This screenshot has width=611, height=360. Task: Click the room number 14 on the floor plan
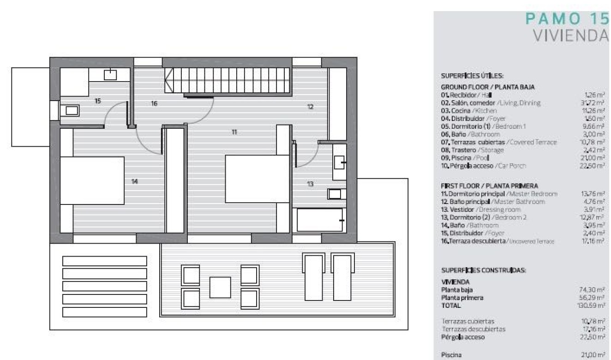[x=134, y=182]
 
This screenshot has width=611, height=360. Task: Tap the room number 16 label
[x=154, y=104]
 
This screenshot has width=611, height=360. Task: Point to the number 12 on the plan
[x=310, y=107]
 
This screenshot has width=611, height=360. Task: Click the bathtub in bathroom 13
[x=320, y=220]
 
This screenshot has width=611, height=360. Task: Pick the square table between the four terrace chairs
[x=220, y=287]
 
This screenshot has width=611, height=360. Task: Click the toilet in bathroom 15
[x=72, y=110]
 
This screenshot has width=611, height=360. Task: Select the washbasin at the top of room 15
[x=110, y=74]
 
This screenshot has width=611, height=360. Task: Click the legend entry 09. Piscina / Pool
[x=468, y=157]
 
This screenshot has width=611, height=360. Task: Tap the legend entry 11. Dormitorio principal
[x=499, y=193]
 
